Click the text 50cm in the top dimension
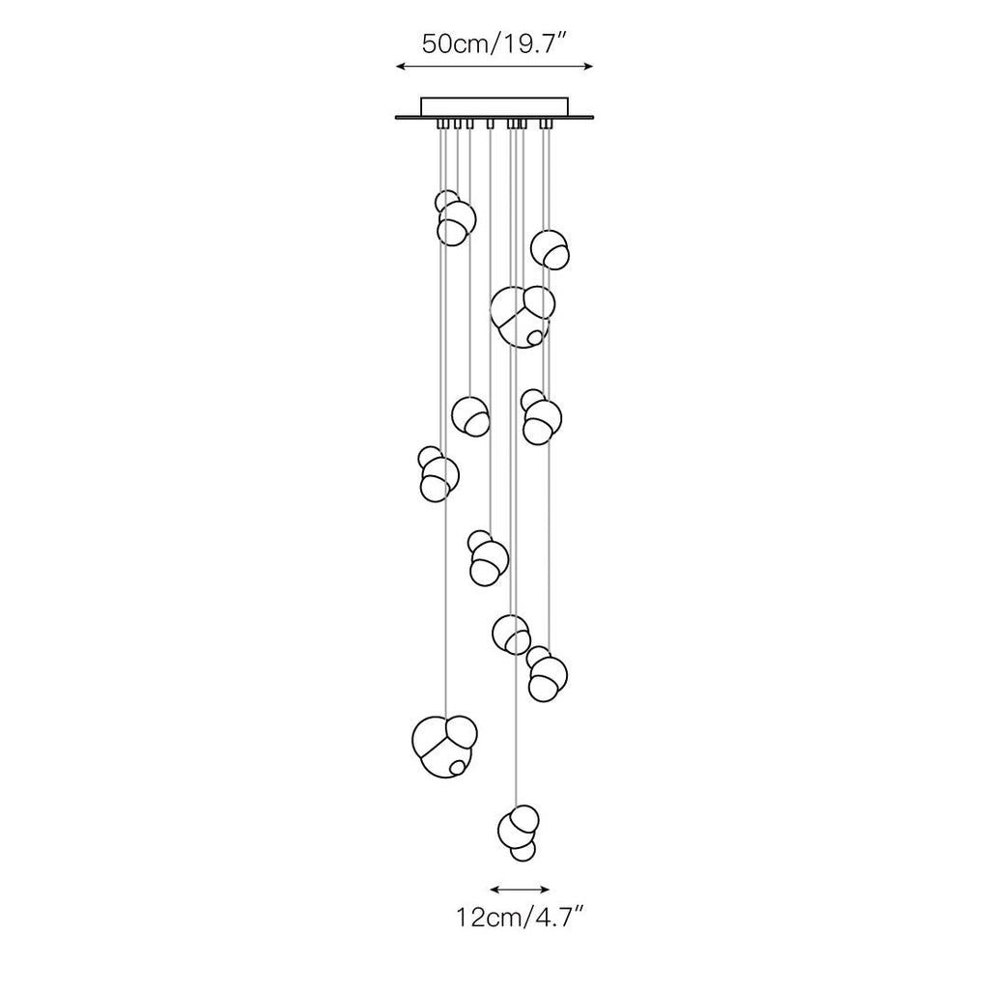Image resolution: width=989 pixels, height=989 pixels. [454, 44]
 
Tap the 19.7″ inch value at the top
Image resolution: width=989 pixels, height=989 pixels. [530, 43]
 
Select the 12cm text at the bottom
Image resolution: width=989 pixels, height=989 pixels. [488, 918]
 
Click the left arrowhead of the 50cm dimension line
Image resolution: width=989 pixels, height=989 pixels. [399, 66]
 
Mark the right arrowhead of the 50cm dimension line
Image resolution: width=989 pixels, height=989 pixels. [589, 66]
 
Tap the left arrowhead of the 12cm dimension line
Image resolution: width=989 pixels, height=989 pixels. [494, 890]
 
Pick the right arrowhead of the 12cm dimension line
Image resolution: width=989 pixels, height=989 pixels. [546, 890]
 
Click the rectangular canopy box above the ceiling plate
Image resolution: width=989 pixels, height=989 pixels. [494, 106]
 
